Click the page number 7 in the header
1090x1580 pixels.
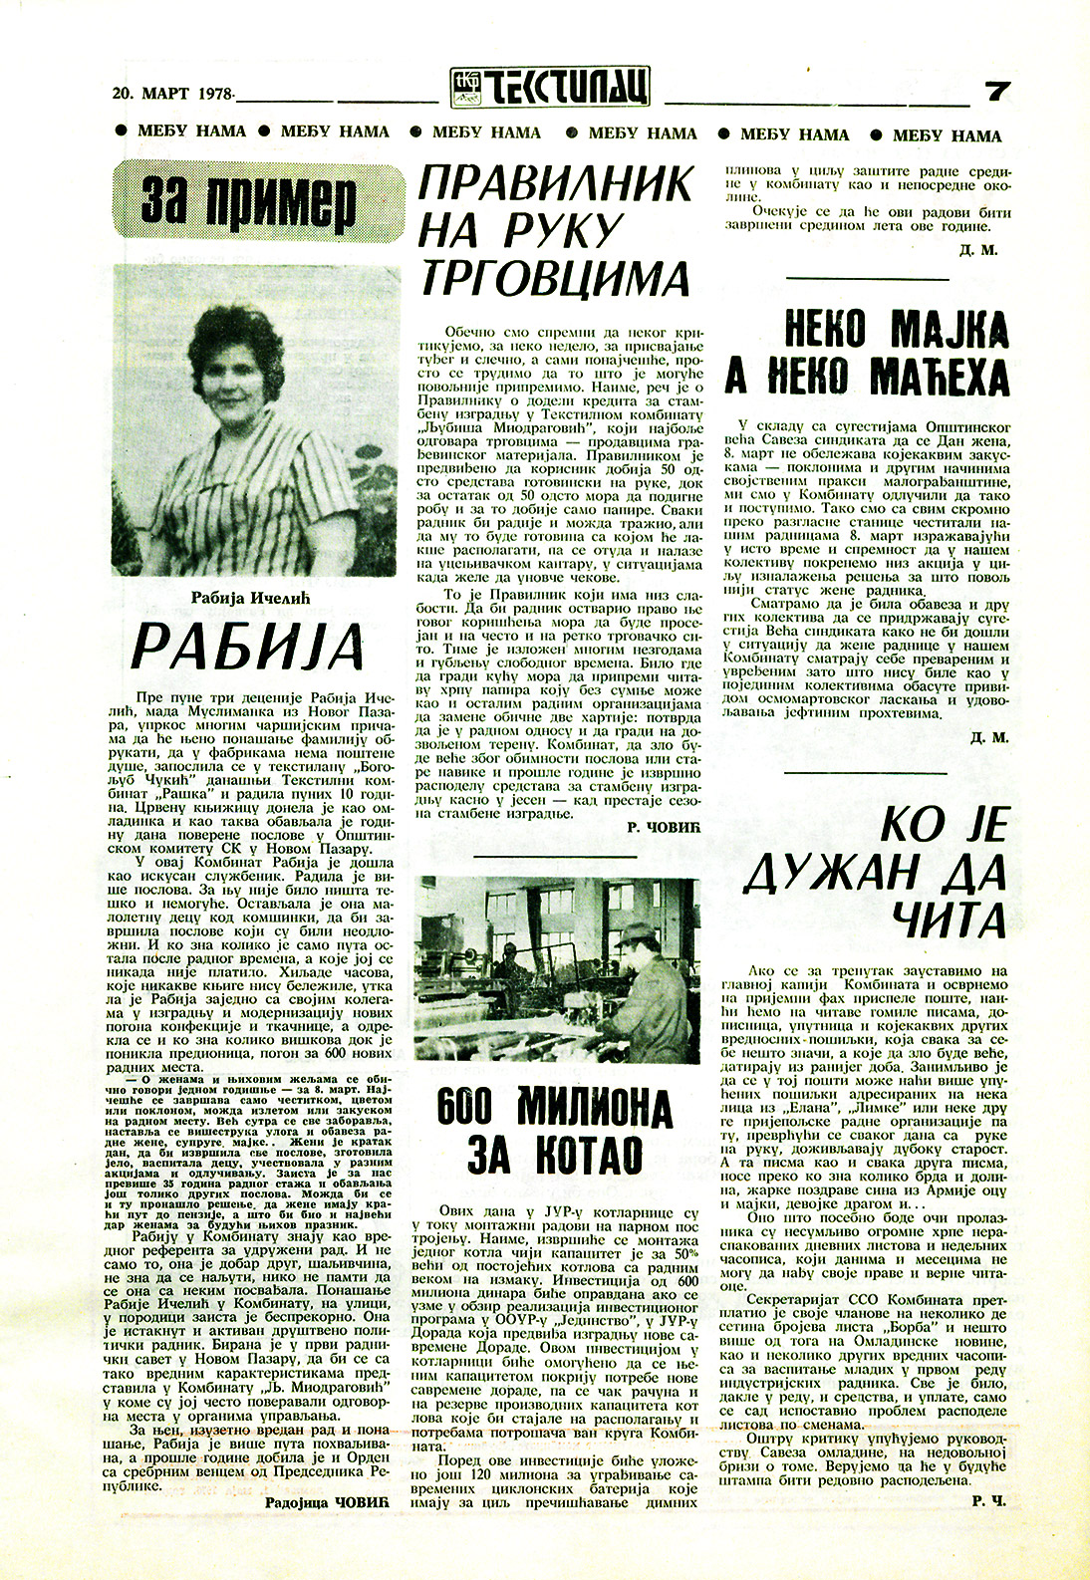point(997,92)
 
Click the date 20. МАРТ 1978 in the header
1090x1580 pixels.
point(171,94)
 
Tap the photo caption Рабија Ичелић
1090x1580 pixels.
point(251,598)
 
